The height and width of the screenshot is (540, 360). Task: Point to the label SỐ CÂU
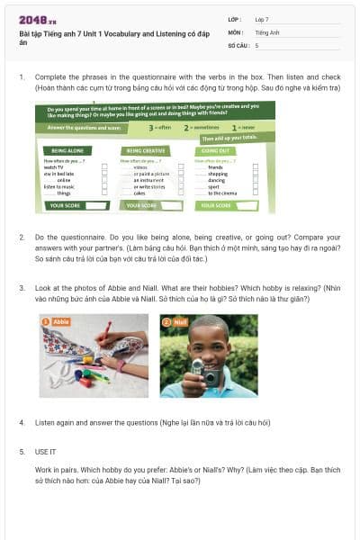(238, 44)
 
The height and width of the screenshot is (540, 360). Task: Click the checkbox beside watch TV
(105, 167)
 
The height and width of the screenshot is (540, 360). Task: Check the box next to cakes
(179, 193)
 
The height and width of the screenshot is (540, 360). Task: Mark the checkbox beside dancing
(255, 180)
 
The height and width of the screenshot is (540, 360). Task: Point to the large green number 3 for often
(152, 128)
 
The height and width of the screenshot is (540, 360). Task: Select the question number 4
(22, 421)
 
